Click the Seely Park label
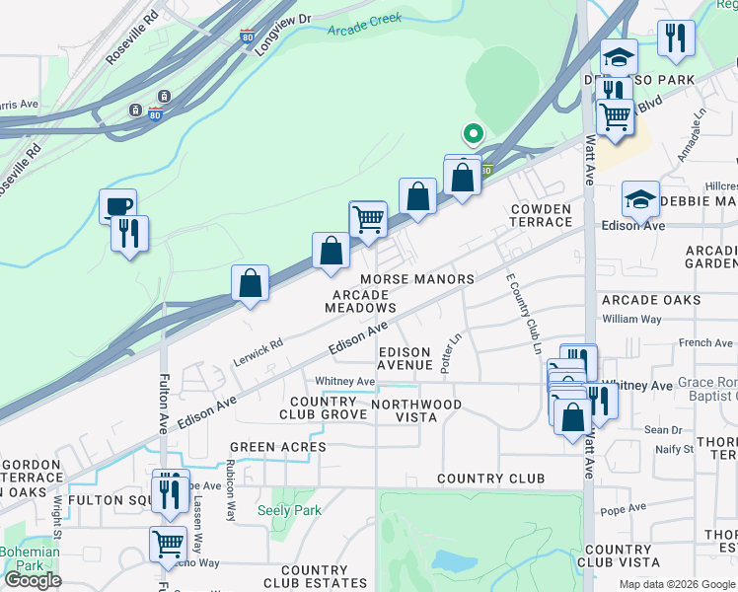[x=289, y=510]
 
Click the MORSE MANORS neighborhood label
[x=417, y=279]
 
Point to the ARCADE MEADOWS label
[x=364, y=301]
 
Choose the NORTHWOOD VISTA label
[x=416, y=410]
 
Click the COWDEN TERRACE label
[x=541, y=215]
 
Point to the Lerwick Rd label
[x=259, y=349]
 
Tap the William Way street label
[x=632, y=319]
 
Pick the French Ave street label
[x=706, y=342]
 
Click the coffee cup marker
[x=117, y=206]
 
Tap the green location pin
[x=473, y=133]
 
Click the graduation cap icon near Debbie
[x=640, y=200]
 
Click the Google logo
[x=33, y=580]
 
